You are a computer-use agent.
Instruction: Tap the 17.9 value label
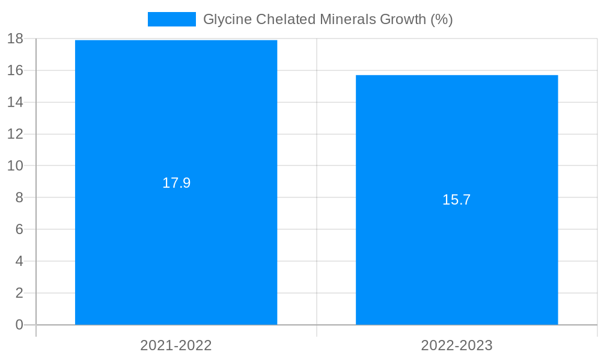[x=176, y=183]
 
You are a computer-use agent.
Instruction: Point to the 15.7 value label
[x=457, y=200]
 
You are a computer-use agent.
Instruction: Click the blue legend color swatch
[x=172, y=19]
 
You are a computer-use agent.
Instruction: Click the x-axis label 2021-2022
[x=176, y=345]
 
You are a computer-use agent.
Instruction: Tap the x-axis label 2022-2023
[x=457, y=345]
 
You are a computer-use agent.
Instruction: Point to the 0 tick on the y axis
[x=19, y=325]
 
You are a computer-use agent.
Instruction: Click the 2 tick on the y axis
[x=19, y=293]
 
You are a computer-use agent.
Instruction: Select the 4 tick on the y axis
[x=19, y=261]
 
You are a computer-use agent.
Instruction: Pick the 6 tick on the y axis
[x=19, y=229]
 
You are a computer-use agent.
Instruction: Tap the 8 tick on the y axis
[x=19, y=197]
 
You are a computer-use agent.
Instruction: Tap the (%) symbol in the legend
[x=441, y=19]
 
